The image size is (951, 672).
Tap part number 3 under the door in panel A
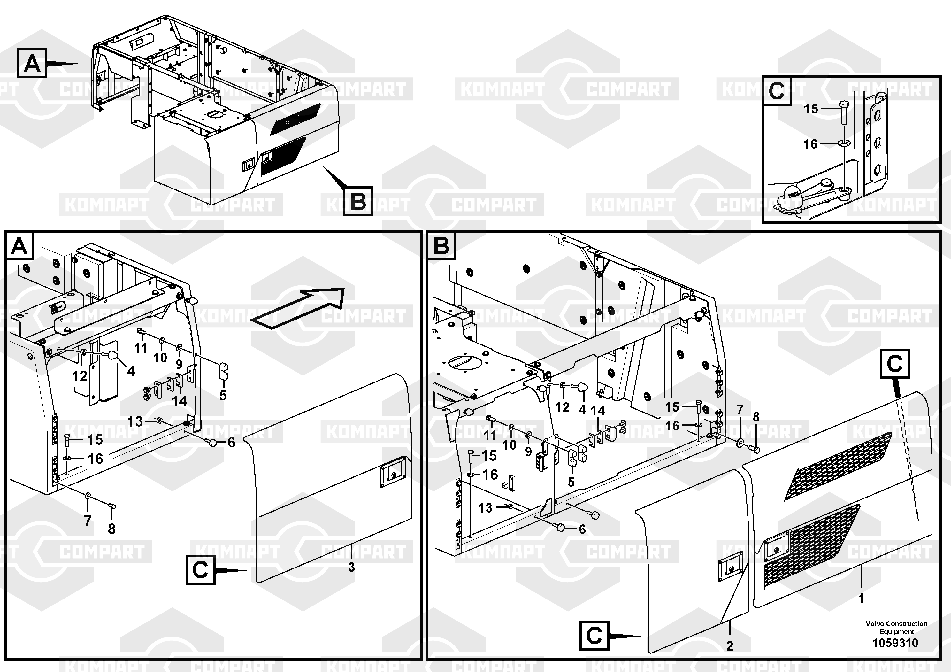pyautogui.click(x=351, y=567)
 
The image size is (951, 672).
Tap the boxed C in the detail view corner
pyautogui.click(x=777, y=90)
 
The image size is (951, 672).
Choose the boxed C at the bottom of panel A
pyautogui.click(x=200, y=570)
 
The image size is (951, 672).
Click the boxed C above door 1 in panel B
pyautogui.click(x=895, y=364)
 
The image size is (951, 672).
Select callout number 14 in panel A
pyautogui.click(x=179, y=401)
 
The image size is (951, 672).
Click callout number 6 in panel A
pyautogui.click(x=231, y=443)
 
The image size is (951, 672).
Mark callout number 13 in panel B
pyautogui.click(x=486, y=507)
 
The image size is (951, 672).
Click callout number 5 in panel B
pyautogui.click(x=571, y=482)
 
